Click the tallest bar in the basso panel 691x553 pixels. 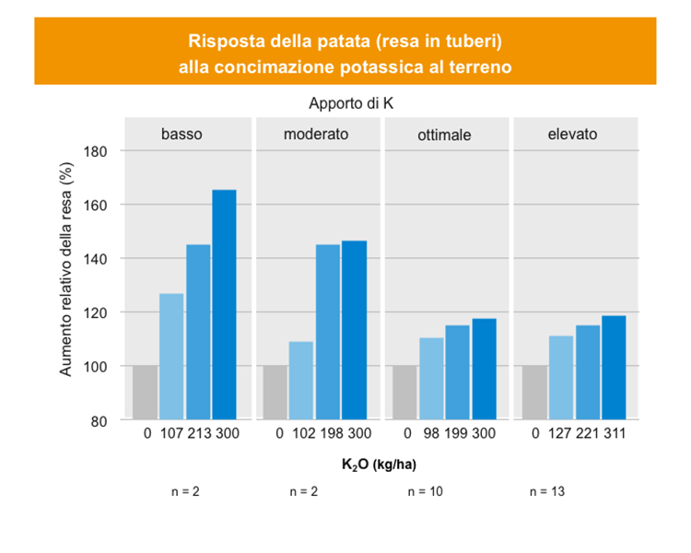click(x=224, y=304)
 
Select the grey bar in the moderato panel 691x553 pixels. click(x=275, y=393)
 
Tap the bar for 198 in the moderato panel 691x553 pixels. click(x=328, y=332)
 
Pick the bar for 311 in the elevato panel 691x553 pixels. click(x=614, y=368)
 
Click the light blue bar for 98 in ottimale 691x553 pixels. click(x=432, y=379)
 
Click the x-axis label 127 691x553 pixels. click(x=562, y=434)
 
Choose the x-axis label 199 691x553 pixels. click(x=458, y=434)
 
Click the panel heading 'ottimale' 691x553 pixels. click(x=444, y=135)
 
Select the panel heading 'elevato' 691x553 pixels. click(x=572, y=134)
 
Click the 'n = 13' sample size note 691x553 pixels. click(x=547, y=492)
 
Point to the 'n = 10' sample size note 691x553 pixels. click(x=426, y=492)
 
